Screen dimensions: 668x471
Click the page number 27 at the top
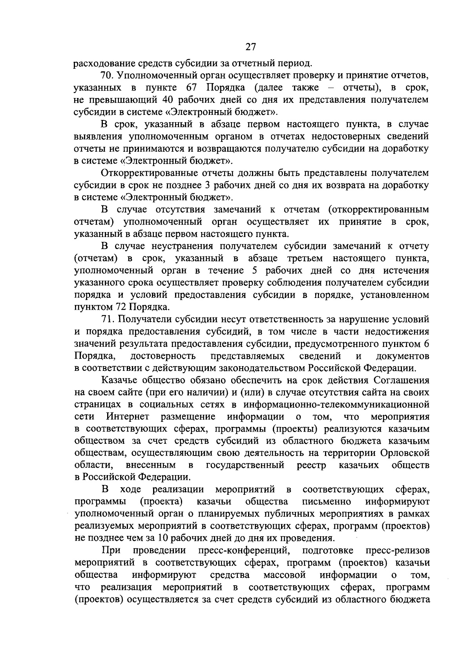(x=250, y=47)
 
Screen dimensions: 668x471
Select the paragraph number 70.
(x=107, y=75)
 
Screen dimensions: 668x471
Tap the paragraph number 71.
(x=107, y=319)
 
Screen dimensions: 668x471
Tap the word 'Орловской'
(x=405, y=453)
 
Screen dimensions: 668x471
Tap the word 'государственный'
(x=245, y=465)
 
